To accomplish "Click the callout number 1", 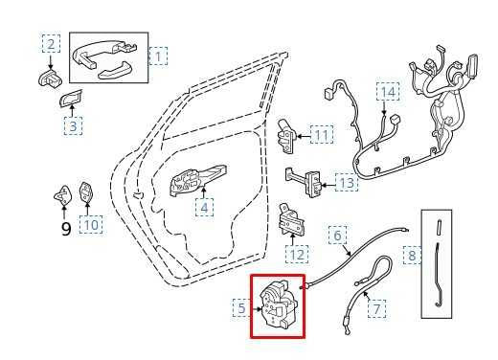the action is click(158, 56).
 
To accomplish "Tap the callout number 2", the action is click(51, 43).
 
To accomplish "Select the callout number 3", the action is click(73, 125).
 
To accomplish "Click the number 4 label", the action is click(204, 208).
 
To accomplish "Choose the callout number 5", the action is click(242, 307).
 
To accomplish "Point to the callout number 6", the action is click(337, 236).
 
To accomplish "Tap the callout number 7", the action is click(376, 308).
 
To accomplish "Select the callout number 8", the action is click(412, 255).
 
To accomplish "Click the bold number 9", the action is click(66, 229).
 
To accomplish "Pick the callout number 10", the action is click(91, 225).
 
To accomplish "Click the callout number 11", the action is click(322, 135).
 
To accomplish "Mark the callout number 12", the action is click(297, 255).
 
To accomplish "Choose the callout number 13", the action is click(347, 182).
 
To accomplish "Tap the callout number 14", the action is click(388, 92).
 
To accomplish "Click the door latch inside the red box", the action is click(277, 304).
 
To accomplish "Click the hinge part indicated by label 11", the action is click(286, 135).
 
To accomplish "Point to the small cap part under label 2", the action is click(50, 78).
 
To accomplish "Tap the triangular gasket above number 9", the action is click(63, 194).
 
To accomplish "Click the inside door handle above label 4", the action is click(198, 180).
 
